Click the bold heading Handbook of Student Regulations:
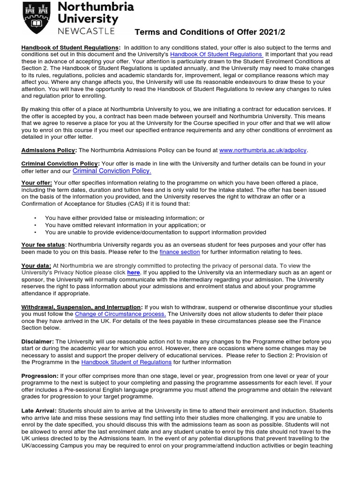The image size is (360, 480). click(x=71, y=47)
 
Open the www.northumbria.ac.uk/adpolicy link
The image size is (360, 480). click(x=263, y=150)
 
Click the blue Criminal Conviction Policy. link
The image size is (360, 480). click(x=112, y=171)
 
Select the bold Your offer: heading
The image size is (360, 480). click(x=37, y=182)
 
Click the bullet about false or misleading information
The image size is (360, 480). click(x=124, y=218)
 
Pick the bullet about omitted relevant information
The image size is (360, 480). click(x=125, y=225)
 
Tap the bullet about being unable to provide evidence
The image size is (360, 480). click(x=155, y=232)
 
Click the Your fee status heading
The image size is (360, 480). click(x=43, y=245)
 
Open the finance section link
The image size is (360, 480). click(x=180, y=252)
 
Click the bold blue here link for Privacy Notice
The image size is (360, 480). click(x=133, y=272)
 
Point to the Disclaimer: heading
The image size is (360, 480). click(x=37, y=341)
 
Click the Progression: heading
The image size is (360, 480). click(x=40, y=376)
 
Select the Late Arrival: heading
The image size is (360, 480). click(x=40, y=411)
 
